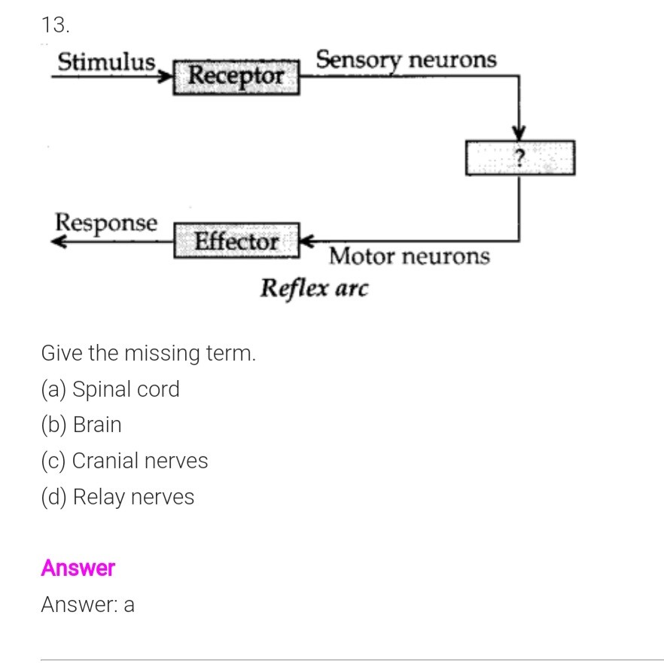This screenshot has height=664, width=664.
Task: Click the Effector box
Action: pos(237,242)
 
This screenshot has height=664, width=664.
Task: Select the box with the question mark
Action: pos(519,157)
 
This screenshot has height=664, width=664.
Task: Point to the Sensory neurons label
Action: pos(406,59)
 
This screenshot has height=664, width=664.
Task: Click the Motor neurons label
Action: pos(409,257)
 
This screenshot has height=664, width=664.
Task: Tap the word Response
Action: pos(107,223)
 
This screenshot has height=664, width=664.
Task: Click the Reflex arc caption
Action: pos(315,288)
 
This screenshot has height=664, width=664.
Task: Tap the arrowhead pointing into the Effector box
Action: pos(307,242)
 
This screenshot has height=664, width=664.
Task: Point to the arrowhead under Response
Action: pos(59,242)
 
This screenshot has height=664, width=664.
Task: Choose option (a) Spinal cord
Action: pos(111,389)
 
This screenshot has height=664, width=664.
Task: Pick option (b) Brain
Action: pos(81,425)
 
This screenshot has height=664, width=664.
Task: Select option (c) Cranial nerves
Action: pos(124,460)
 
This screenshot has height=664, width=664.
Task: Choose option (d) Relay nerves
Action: pos(117,497)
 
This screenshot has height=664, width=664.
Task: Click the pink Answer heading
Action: pos(78,568)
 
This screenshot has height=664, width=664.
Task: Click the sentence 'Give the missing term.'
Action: pos(148,352)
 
